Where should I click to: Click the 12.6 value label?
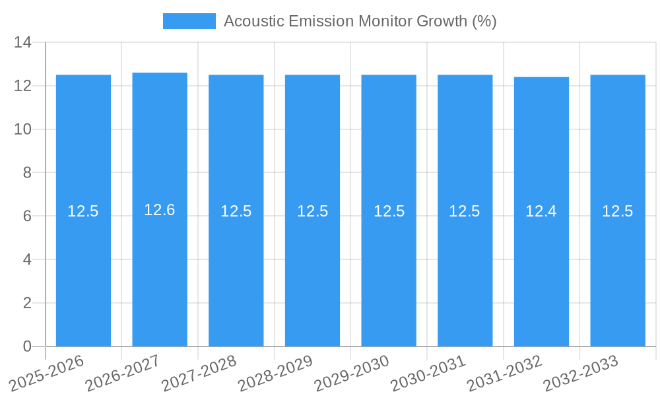click(x=160, y=210)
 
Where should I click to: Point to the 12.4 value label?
click(x=541, y=211)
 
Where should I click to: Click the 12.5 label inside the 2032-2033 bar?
click(x=618, y=211)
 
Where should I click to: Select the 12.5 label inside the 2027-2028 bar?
click(x=236, y=211)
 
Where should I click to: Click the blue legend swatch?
click(x=189, y=21)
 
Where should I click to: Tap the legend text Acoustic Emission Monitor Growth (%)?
click(x=360, y=21)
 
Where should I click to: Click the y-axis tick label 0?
click(x=27, y=346)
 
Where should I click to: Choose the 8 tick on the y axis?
click(x=27, y=173)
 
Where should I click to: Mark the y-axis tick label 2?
click(x=27, y=303)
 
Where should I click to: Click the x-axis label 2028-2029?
click(x=276, y=373)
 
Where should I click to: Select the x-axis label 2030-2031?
click(x=429, y=373)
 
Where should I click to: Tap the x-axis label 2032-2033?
click(x=581, y=373)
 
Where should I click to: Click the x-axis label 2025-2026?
click(x=47, y=373)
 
